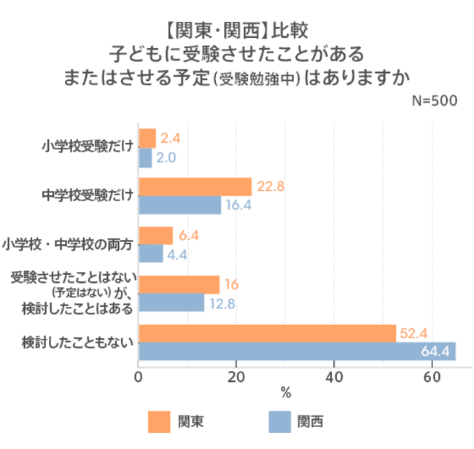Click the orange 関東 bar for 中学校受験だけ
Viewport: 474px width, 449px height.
pos(195,187)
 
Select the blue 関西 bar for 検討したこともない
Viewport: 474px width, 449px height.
pos(297,351)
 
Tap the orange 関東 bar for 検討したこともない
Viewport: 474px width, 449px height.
pos(267,333)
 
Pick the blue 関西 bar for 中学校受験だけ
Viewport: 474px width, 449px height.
pos(179,205)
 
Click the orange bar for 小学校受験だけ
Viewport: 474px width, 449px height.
pos(147,138)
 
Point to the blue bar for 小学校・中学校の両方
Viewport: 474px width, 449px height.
pos(151,254)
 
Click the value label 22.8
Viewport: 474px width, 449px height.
pos(270,187)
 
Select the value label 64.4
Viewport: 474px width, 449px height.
pos(435,352)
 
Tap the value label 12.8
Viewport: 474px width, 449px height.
pos(222,303)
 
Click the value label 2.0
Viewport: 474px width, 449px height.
pos(167,157)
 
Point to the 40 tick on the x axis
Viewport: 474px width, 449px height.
pos(333,377)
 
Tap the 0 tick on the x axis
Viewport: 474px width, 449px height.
pos(139,377)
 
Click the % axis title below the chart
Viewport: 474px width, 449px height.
pos(285,394)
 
